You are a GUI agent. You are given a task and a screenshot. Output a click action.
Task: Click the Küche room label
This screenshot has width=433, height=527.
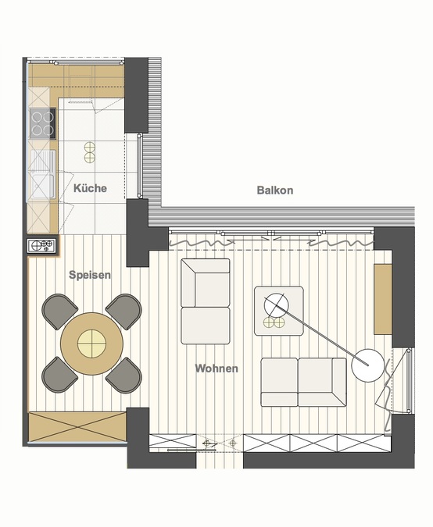tap(90, 189)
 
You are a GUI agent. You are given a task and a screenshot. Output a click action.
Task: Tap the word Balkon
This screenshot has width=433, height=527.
tap(275, 191)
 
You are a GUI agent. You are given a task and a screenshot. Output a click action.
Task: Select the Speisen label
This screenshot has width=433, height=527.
tap(90, 275)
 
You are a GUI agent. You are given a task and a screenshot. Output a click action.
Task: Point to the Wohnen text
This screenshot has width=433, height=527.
tap(216, 368)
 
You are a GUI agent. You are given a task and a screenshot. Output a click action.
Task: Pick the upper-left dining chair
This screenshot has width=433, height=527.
tap(59, 311)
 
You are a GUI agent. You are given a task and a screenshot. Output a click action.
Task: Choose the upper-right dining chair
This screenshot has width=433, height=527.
tap(123, 311)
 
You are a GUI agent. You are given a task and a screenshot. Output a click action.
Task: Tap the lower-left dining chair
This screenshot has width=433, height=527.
tap(60, 374)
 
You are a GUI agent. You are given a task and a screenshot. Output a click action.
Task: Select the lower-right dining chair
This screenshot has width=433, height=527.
tap(124, 375)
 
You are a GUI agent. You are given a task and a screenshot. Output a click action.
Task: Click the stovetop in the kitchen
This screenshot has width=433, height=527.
tap(43, 123)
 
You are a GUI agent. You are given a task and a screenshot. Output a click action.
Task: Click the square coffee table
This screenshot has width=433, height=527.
tap(278, 311)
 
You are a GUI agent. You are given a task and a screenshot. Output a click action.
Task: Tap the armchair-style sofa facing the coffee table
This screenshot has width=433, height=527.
tap(205, 301)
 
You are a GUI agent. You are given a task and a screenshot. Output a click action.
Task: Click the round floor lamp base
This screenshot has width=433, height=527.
tap(367, 365)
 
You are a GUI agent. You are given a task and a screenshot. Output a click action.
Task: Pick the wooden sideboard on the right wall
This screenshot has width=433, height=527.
tap(383, 297)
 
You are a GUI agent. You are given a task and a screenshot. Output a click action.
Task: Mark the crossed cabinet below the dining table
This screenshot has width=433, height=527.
tap(77, 427)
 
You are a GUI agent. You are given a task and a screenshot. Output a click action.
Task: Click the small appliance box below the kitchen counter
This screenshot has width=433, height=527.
tap(43, 246)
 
